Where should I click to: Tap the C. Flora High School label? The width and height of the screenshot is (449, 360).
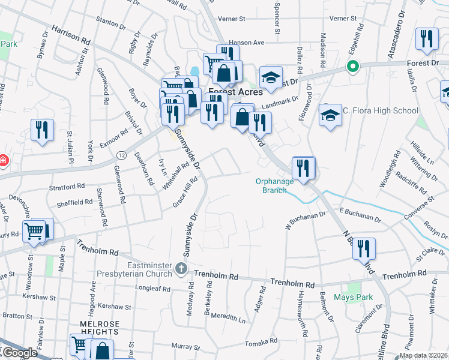point(381,110)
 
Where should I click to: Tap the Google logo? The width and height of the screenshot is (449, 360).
point(19,353)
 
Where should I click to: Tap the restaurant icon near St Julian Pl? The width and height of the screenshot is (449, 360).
point(42,131)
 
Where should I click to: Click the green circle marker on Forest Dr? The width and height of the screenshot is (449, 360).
point(354,67)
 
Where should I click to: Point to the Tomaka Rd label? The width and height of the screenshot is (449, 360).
point(261,342)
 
